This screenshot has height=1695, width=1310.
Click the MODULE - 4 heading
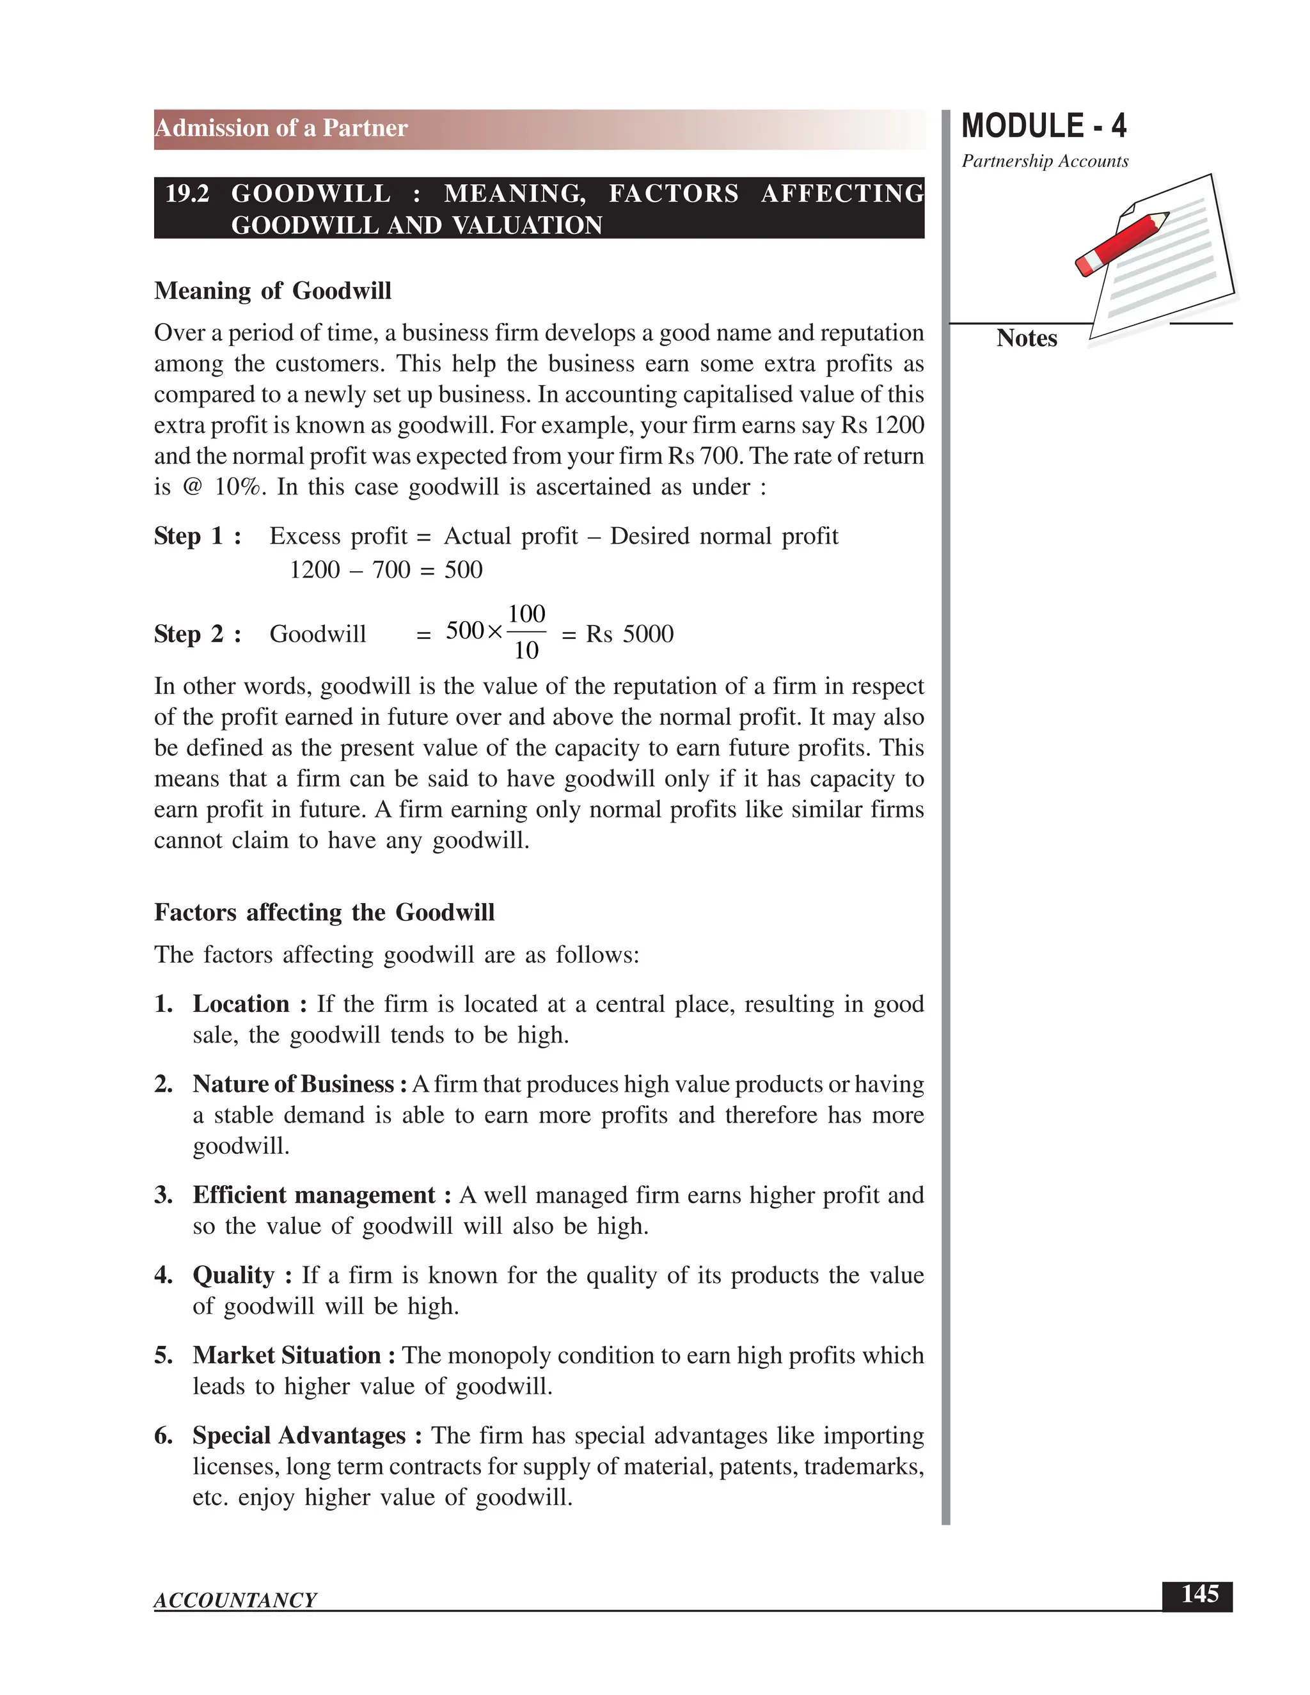[x=1043, y=127]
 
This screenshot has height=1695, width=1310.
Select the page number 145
[x=1199, y=1595]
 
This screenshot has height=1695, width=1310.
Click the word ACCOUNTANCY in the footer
[x=235, y=1600]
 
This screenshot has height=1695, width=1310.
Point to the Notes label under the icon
[x=1026, y=338]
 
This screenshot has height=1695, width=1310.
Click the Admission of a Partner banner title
[x=281, y=128]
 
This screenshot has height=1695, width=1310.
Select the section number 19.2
[x=187, y=193]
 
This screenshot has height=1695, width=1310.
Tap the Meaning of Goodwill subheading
[x=272, y=291]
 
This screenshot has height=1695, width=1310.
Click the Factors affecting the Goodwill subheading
[x=324, y=912]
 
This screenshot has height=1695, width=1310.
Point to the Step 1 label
[x=197, y=536]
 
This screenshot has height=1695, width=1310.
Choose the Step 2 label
[x=197, y=634]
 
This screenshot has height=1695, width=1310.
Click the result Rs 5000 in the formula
[x=629, y=634]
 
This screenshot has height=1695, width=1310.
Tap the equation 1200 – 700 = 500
[x=386, y=571]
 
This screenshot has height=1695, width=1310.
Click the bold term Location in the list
[x=241, y=1004]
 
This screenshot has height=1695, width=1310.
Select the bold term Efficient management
[x=314, y=1195]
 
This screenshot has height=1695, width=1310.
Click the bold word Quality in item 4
[x=233, y=1275]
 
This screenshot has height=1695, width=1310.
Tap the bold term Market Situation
[x=287, y=1355]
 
